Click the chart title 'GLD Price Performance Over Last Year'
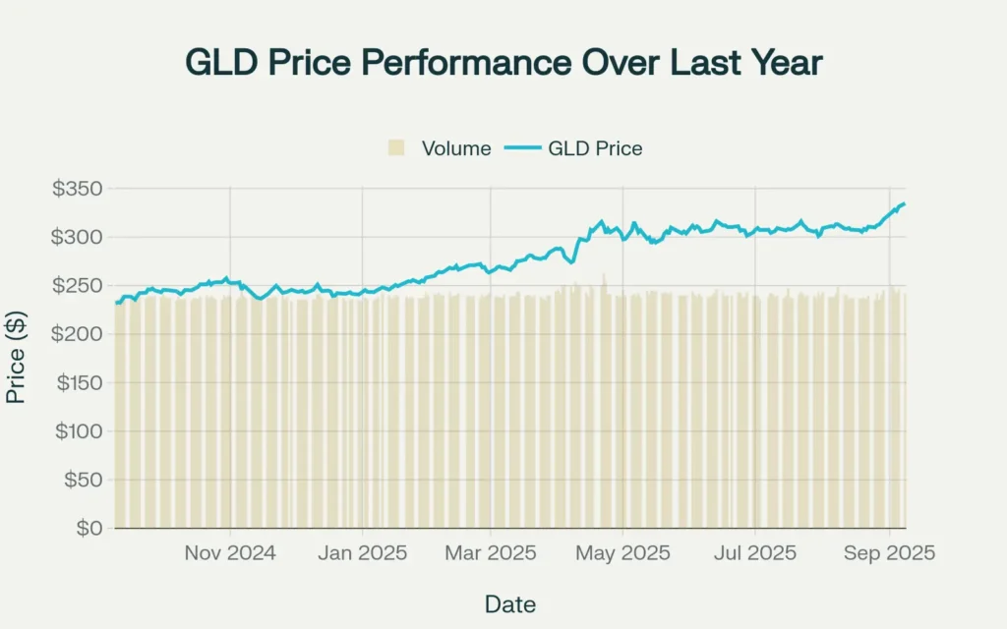point(503,63)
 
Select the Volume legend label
point(456,148)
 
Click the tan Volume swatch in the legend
point(397,148)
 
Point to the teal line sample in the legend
point(524,148)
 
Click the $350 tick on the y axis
point(78,189)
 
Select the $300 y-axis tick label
point(78,237)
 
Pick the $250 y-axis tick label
point(78,286)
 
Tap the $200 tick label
point(78,334)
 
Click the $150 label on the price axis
point(78,383)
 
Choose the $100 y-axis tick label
point(78,431)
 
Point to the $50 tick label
point(83,480)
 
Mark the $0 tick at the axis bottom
point(89,529)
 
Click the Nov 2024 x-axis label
point(230,553)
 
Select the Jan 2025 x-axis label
point(362,553)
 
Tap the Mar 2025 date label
point(491,553)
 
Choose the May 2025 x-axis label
point(623,553)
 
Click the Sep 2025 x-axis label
point(889,553)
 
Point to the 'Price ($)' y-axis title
point(16,358)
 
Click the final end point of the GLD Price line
point(905,203)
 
